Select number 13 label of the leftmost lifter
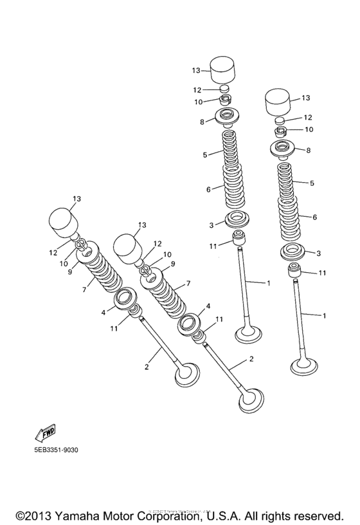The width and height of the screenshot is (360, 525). point(76,199)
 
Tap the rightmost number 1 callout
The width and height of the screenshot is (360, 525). point(324,315)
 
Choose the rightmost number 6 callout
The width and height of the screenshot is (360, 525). point(314,217)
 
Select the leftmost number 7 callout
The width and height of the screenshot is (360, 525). point(84,289)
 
